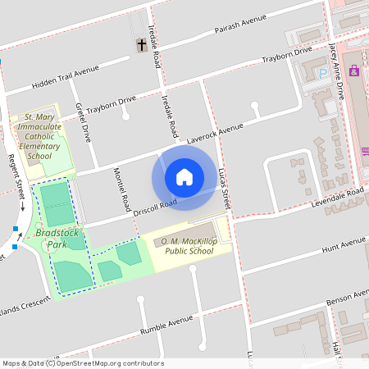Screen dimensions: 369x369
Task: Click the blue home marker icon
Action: [x=184, y=176]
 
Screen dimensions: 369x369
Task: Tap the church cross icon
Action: [x=141, y=45]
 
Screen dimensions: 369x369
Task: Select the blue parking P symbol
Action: [x=323, y=73]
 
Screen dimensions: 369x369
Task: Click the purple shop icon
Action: [x=354, y=71]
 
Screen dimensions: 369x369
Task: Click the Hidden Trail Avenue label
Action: [x=65, y=79]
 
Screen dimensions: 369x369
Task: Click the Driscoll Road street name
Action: [x=156, y=208]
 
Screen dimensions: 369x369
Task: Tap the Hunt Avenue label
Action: [x=343, y=244]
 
